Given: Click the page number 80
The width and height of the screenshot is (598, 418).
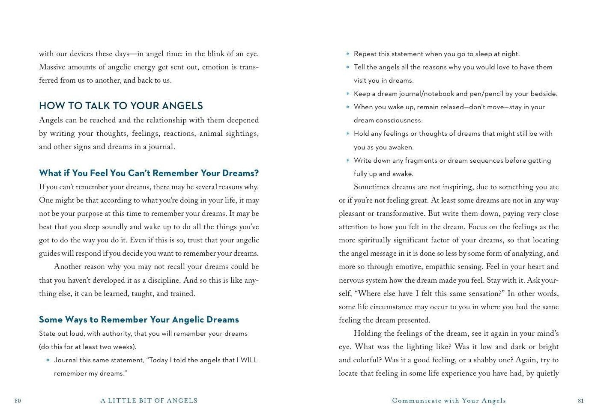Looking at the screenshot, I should pyautogui.click(x=18, y=401).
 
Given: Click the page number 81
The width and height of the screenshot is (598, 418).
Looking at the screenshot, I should pyautogui.click(x=581, y=401).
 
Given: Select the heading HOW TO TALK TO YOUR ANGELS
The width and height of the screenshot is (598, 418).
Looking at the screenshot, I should pyautogui.click(x=121, y=106).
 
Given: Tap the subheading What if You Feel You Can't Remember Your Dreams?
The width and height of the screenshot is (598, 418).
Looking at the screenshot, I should pyautogui.click(x=149, y=173).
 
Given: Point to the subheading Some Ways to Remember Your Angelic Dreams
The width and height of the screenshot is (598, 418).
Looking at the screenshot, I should pyautogui.click(x=139, y=319).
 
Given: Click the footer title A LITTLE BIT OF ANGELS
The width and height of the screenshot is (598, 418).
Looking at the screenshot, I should pyautogui.click(x=149, y=401).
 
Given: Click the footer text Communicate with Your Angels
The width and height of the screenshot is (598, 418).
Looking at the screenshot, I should pyautogui.click(x=449, y=401).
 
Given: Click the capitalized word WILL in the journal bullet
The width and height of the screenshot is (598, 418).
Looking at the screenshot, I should pyautogui.click(x=249, y=360).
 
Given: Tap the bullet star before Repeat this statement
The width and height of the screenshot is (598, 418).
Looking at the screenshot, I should pyautogui.click(x=348, y=54).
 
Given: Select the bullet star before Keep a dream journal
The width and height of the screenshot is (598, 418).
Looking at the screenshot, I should pyautogui.click(x=348, y=94).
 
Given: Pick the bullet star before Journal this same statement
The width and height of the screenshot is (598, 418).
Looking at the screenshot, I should pyautogui.click(x=48, y=361).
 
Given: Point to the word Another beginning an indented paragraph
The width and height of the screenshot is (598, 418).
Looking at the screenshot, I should pyautogui.click(x=67, y=267).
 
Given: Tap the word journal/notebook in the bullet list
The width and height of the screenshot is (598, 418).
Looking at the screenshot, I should pyautogui.click(x=426, y=94).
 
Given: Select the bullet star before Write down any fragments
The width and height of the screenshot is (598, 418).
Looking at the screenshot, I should pyautogui.click(x=348, y=161).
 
